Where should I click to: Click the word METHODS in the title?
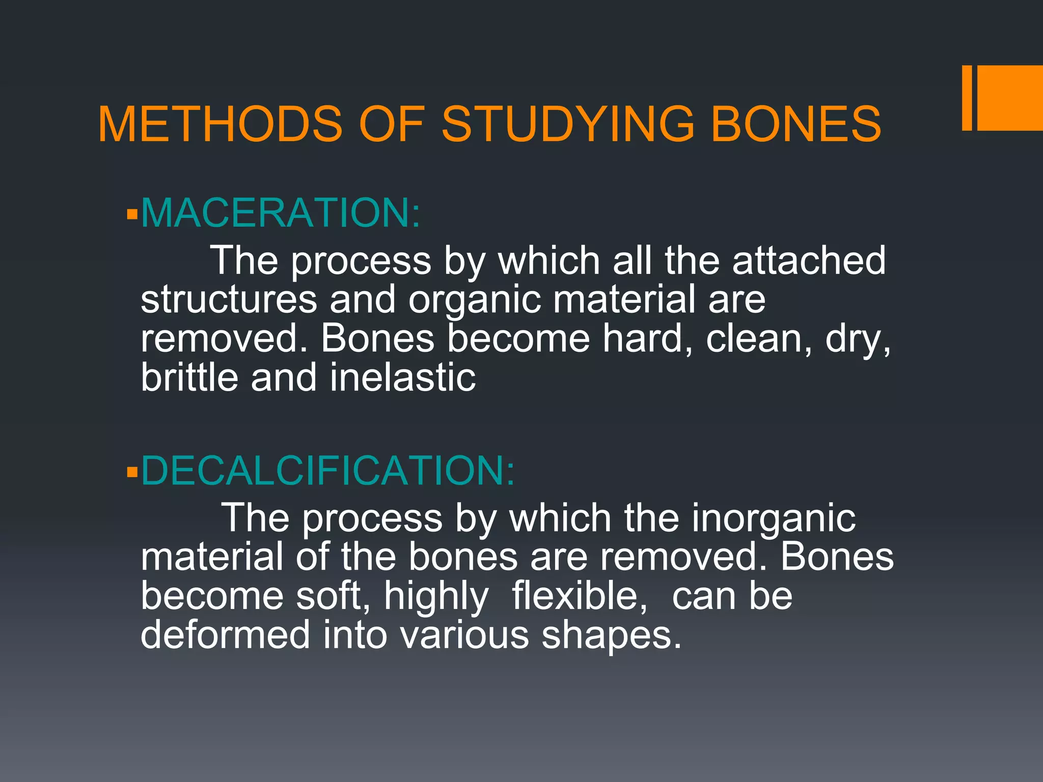tap(220, 124)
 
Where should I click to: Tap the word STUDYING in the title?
tap(568, 124)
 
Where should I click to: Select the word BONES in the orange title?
tap(795, 124)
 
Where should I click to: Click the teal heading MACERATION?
tap(281, 212)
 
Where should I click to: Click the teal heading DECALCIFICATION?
tap(328, 470)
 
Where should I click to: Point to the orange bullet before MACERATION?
tap(132, 214)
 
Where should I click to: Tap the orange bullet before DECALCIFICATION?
tap(132, 472)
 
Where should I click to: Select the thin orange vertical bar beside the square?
tap(967, 98)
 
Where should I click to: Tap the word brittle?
tap(189, 377)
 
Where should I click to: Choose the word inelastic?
tap(402, 377)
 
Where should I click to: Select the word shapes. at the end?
tap(611, 636)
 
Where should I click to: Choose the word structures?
tap(229, 300)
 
